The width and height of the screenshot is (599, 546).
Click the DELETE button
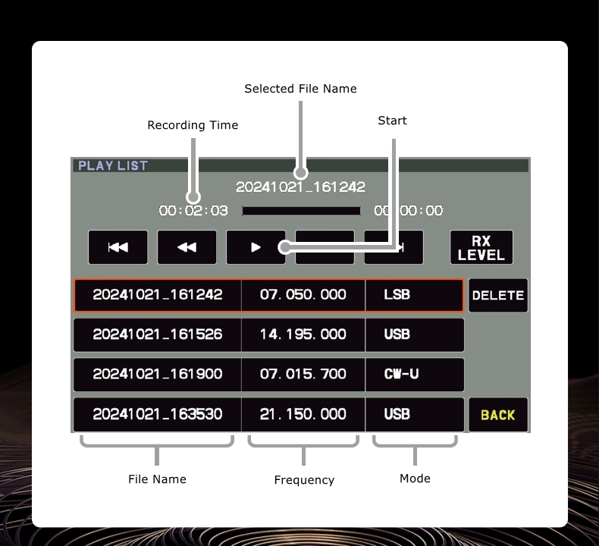click(498, 295)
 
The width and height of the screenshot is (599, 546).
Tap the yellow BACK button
click(498, 414)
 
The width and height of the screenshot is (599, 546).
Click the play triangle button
click(256, 246)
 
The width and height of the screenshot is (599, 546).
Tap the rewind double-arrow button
click(187, 246)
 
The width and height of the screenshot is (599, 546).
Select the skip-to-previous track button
click(118, 246)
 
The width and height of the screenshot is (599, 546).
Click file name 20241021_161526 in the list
click(158, 334)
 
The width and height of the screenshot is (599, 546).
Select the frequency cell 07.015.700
click(303, 374)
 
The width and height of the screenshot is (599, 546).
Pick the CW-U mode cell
click(414, 374)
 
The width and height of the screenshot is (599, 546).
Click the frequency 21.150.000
click(303, 414)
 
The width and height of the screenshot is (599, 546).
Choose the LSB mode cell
click(414, 294)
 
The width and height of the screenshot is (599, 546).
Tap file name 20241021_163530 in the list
click(158, 414)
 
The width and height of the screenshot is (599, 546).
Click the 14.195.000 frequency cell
click(303, 334)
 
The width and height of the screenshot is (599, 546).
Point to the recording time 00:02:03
click(193, 211)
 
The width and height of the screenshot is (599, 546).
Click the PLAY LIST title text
click(113, 165)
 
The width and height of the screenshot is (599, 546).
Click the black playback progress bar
click(301, 211)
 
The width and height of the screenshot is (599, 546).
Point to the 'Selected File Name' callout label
click(300, 89)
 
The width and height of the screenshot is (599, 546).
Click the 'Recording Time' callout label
click(193, 125)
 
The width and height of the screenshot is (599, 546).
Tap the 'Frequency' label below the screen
click(304, 480)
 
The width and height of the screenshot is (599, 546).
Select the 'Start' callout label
click(392, 121)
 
